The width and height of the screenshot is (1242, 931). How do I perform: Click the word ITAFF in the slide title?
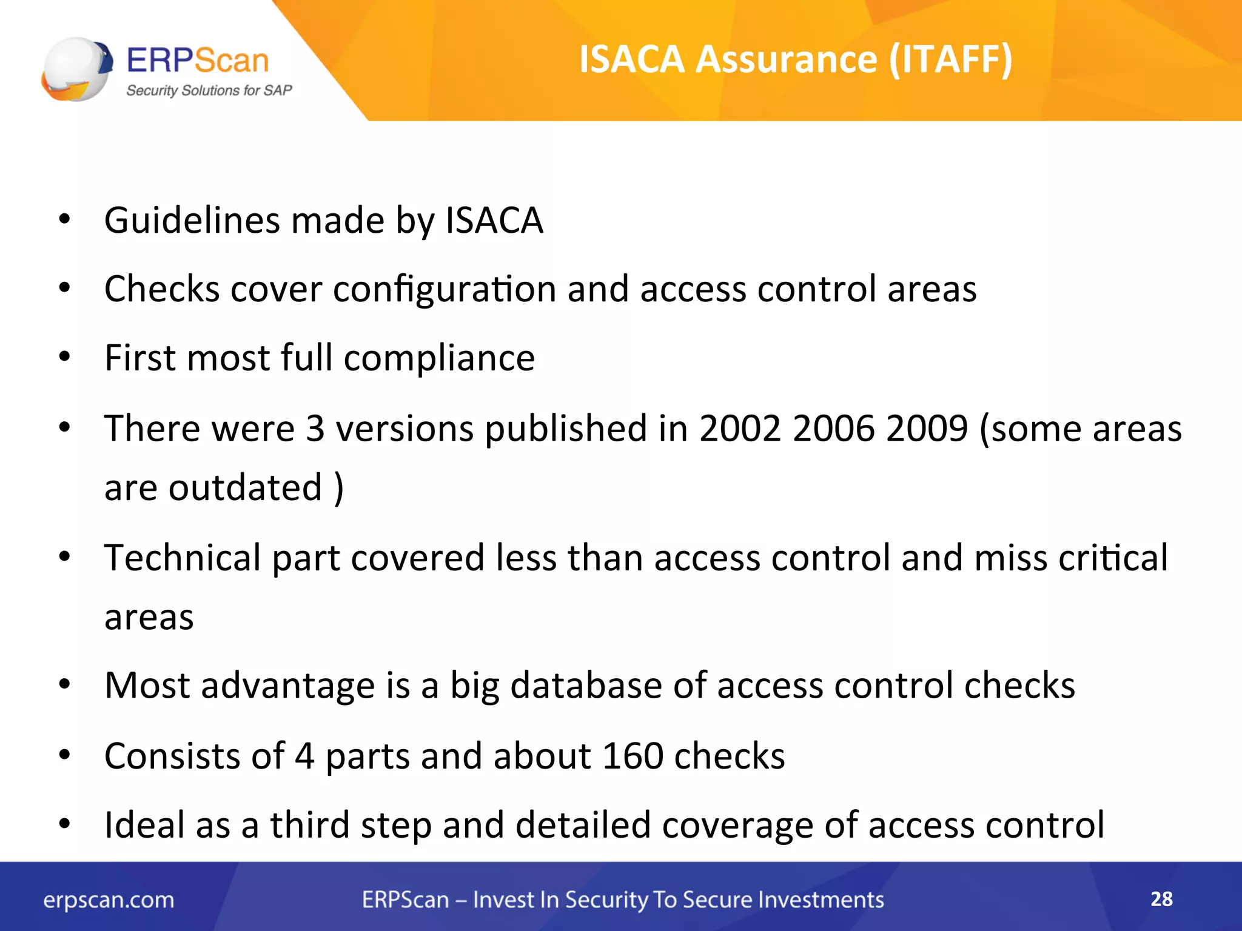coord(949,59)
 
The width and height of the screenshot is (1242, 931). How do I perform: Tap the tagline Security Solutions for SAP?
coord(209,90)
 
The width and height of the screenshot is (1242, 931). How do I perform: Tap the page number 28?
coord(1161,899)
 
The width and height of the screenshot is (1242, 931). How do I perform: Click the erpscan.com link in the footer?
coord(109,900)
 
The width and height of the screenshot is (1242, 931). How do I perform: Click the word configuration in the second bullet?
coord(444,289)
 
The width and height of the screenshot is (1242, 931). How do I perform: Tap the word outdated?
coord(244,487)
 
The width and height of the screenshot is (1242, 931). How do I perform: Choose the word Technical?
coord(183,558)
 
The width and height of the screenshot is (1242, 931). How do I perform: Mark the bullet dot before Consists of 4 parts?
coord(65,755)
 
